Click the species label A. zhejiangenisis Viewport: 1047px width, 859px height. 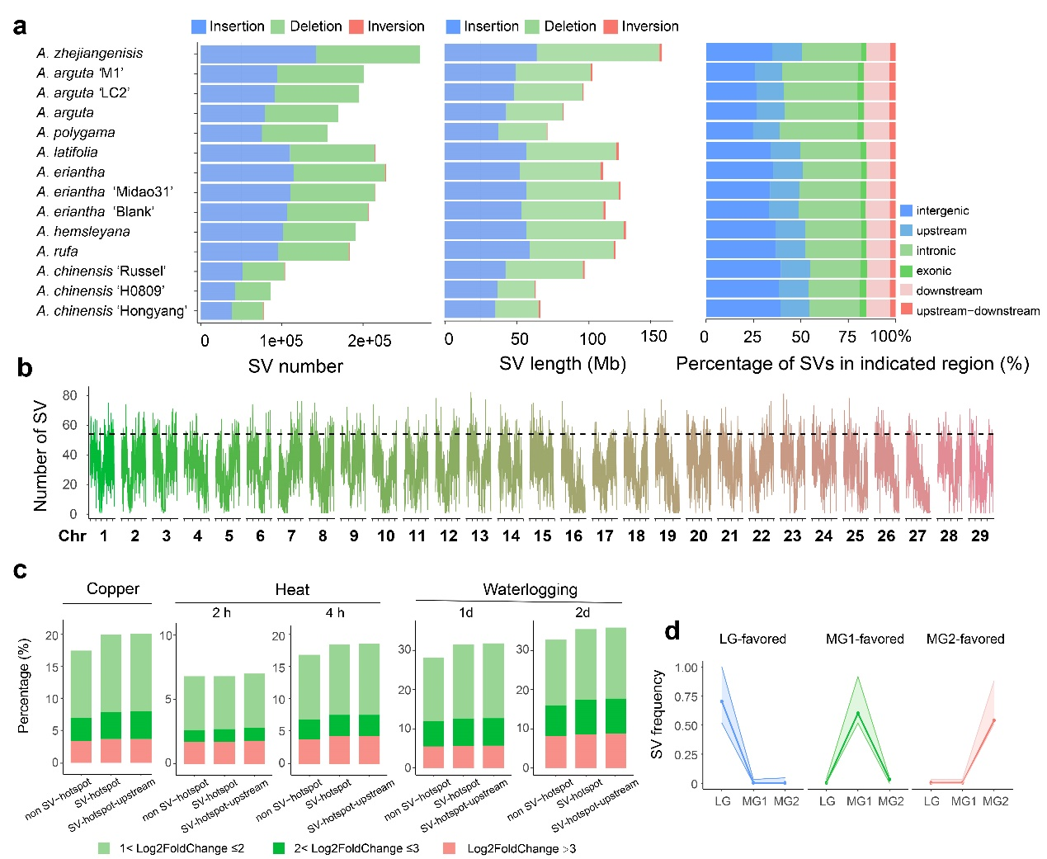tap(89, 53)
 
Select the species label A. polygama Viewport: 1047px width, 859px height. tap(75, 132)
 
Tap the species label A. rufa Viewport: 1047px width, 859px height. tap(57, 251)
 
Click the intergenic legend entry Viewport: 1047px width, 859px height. tap(941, 210)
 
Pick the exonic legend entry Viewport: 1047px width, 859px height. tap(933, 271)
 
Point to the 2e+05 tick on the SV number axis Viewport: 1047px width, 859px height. tap(369, 341)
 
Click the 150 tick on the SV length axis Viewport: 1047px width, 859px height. tap(653, 337)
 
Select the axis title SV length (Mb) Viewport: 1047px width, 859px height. tap(562, 364)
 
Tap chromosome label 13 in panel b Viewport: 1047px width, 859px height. tap(479, 536)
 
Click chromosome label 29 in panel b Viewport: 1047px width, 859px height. tap(979, 536)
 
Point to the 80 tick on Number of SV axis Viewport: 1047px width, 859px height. tap(70, 395)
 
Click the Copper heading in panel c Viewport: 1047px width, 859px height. tap(113, 588)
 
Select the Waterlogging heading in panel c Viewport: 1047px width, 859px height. tap(530, 589)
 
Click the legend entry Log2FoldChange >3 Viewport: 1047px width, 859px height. tap(521, 848)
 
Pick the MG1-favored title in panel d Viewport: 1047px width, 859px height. tap(865, 639)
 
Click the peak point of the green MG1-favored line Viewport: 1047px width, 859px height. tap(858, 714)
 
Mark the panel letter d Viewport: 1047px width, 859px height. tap(672, 631)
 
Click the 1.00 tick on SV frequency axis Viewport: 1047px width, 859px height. tap(686, 668)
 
